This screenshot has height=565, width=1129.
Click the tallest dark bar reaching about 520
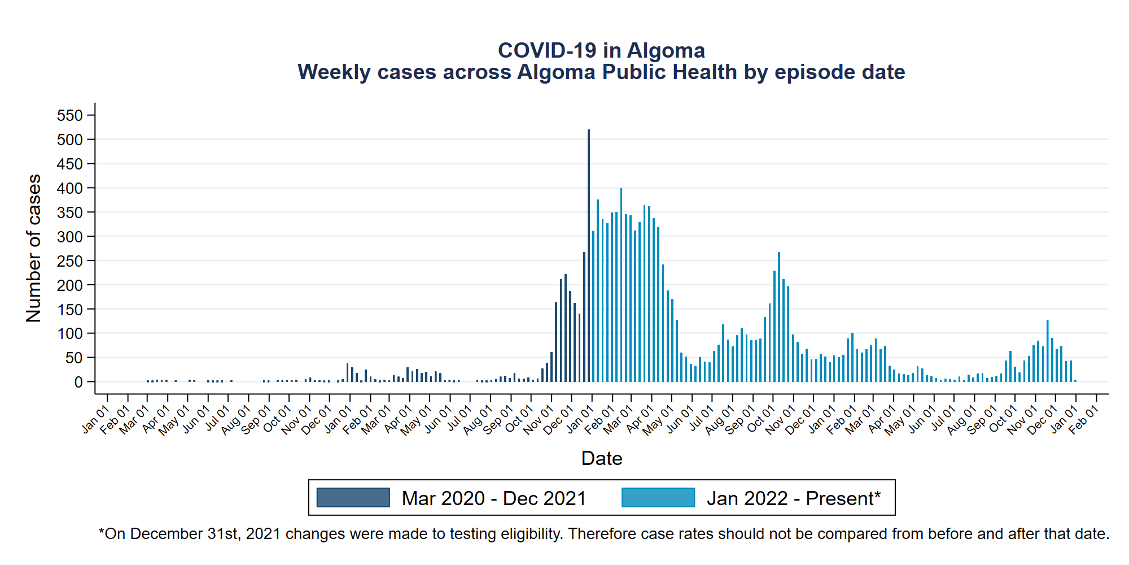coord(589,254)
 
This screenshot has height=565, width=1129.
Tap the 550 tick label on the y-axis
coord(70,116)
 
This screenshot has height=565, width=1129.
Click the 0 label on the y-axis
coord(78,383)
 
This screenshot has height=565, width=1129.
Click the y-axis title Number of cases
coord(34,248)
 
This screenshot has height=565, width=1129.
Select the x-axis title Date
coord(601,458)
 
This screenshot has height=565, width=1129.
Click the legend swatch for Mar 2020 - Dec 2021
coord(353,498)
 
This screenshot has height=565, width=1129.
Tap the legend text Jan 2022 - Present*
coord(793,498)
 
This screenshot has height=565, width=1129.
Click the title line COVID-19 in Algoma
coord(601,51)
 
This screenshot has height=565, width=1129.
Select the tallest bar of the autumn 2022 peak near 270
coord(779,316)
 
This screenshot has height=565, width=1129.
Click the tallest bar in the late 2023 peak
coord(1047,350)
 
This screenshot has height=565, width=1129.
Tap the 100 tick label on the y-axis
coord(70,334)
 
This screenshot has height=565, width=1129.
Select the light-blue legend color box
coord(658,498)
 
